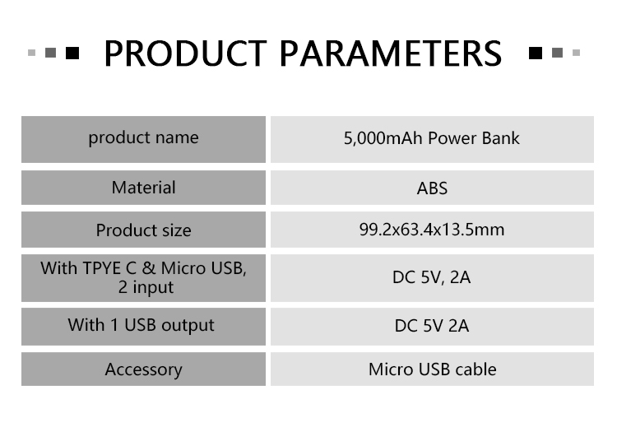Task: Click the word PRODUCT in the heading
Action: [x=185, y=53]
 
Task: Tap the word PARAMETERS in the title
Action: [x=391, y=53]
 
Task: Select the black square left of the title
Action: [x=72, y=53]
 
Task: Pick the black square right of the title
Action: [x=536, y=53]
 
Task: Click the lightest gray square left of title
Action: [x=32, y=53]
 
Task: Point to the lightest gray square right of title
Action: [x=576, y=53]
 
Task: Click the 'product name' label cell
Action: [x=143, y=139]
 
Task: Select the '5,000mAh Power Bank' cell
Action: [x=432, y=139]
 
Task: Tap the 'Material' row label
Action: [x=143, y=188]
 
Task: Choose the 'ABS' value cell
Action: [x=432, y=188]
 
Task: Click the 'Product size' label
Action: [x=143, y=230]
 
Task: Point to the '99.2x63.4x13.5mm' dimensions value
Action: [x=432, y=230]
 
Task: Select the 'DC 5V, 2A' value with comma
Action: [x=432, y=277]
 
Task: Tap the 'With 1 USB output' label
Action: [x=141, y=325]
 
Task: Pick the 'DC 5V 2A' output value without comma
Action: [x=432, y=326]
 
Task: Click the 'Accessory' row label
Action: [x=143, y=369]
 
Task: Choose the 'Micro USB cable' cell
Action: [x=432, y=369]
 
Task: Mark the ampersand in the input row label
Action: [x=148, y=268]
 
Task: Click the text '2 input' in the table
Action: [x=146, y=287]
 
